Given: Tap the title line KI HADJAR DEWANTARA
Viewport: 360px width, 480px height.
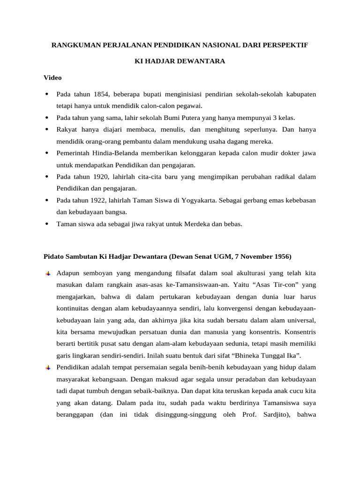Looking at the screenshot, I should point(180,61).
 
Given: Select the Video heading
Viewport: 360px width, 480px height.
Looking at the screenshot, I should point(52,77).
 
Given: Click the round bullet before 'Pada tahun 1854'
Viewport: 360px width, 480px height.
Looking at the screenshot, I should point(47,94).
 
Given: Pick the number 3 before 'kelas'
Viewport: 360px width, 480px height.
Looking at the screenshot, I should point(274,118).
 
